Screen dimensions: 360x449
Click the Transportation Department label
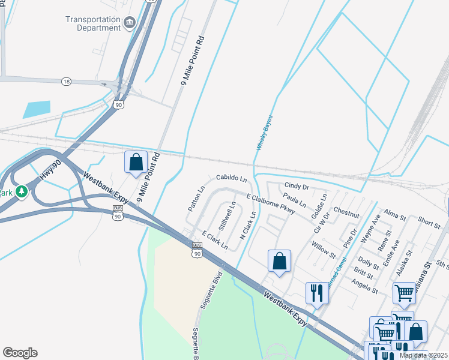93,23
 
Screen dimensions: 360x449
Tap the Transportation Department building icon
129,23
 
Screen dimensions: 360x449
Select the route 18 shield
66,81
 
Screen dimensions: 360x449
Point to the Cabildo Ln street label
231,179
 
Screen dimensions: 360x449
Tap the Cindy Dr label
297,187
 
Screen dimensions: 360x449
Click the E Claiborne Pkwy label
271,203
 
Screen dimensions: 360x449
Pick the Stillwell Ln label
228,218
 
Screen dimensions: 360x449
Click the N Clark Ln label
248,225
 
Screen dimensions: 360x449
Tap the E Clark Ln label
215,241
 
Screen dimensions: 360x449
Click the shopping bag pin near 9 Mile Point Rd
136,162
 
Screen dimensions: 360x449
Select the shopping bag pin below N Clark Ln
279,261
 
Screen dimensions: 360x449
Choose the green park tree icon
22,192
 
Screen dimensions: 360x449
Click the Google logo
20,353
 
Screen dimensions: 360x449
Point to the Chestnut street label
346,212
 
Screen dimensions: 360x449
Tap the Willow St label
324,249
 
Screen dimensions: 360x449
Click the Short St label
429,223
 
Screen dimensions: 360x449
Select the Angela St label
364,286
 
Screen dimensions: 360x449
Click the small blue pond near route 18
37,109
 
